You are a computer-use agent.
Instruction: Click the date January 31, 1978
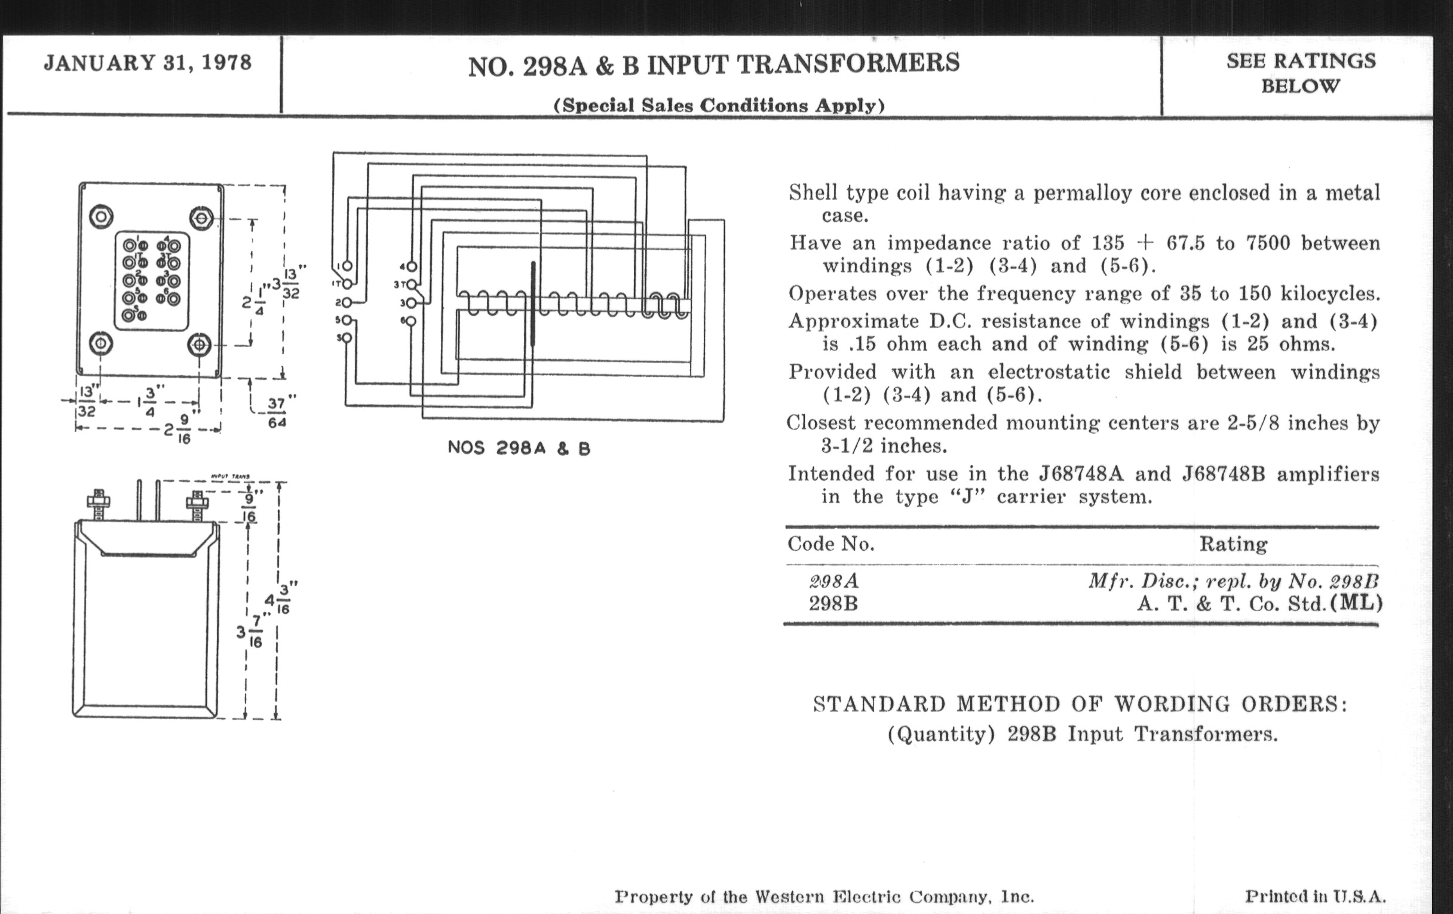click(148, 63)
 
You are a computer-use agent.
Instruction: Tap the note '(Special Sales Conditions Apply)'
click(719, 106)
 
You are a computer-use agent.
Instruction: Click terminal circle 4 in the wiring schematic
click(411, 266)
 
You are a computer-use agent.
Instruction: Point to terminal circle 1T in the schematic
click(348, 284)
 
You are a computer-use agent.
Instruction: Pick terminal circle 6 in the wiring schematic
click(411, 321)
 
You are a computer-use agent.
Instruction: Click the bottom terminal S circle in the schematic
click(347, 338)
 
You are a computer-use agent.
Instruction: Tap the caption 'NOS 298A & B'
click(519, 448)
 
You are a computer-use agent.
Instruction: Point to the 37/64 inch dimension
click(277, 413)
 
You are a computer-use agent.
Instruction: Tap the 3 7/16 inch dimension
click(250, 632)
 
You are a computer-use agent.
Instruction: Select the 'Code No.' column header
click(830, 544)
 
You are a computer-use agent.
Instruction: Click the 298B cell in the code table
click(833, 604)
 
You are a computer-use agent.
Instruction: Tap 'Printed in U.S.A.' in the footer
click(1316, 897)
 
